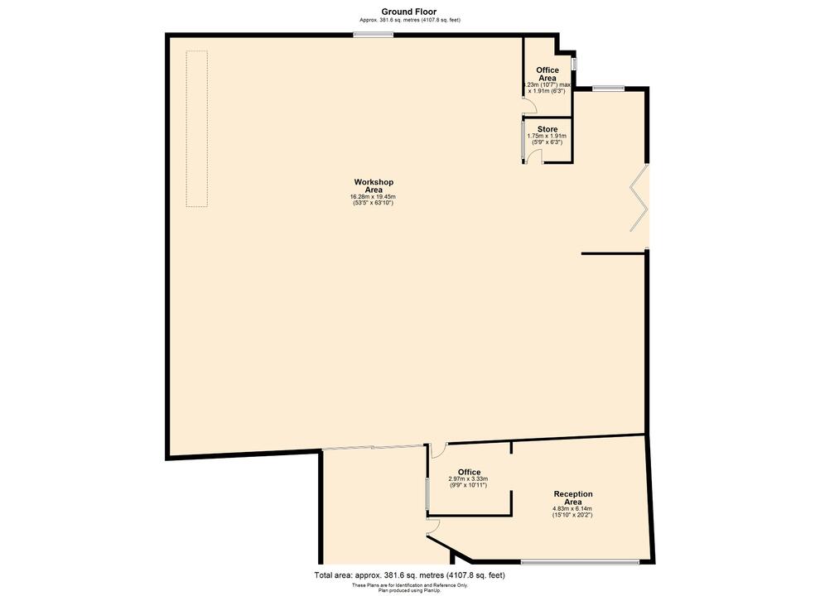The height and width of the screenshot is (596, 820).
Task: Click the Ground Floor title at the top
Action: [409, 12]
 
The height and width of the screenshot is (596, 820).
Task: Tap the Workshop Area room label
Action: [374, 185]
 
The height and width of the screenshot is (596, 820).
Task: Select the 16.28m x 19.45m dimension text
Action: [374, 197]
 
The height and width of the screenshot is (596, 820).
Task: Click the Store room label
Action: [547, 129]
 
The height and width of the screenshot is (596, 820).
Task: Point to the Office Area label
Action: [547, 74]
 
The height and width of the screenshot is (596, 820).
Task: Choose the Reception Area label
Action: [573, 498]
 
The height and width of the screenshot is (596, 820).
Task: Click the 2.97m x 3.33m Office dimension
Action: [468, 479]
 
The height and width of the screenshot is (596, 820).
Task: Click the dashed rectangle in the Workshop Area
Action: [196, 128]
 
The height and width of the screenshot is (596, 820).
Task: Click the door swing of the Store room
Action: [534, 157]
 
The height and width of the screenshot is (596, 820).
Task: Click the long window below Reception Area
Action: [580, 563]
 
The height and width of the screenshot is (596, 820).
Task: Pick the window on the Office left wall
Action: [427, 495]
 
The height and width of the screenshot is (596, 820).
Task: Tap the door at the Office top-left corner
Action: [439, 451]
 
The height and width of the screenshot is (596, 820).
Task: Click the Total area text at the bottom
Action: [409, 575]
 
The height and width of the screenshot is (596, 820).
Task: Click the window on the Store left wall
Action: [523, 141]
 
